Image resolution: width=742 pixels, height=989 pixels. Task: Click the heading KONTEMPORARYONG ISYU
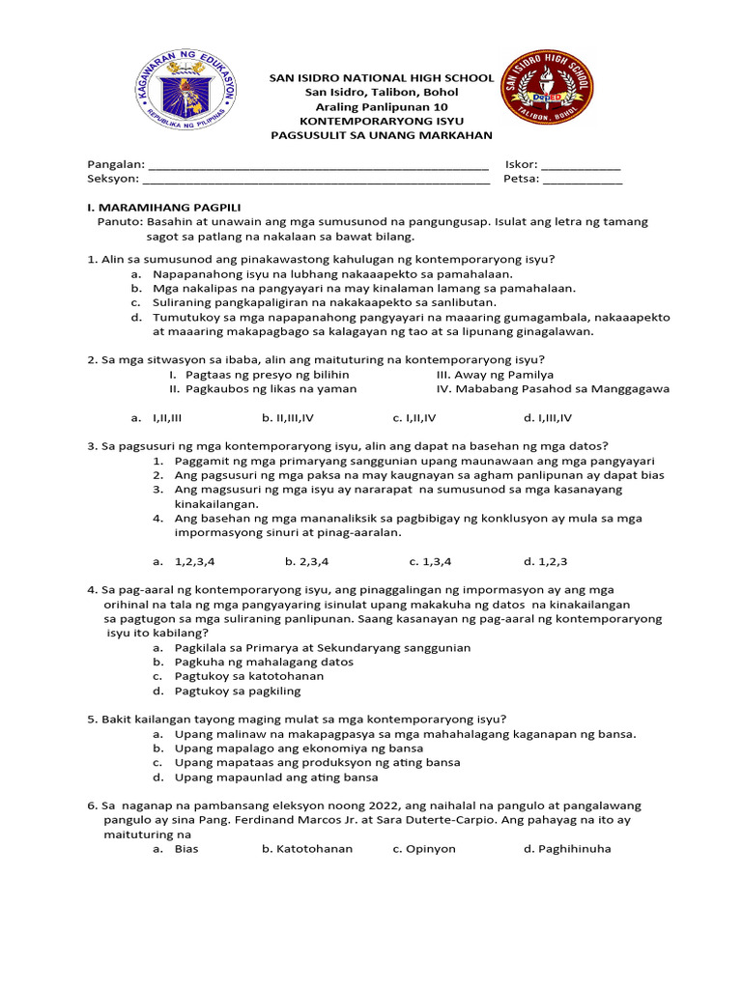pos(382,121)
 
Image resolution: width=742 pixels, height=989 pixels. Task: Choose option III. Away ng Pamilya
pos(495,374)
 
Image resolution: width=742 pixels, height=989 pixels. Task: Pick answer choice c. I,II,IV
pos(414,418)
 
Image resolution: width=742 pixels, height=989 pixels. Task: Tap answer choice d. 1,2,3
pos(546,560)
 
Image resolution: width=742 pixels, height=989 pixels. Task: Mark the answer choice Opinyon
pos(424,849)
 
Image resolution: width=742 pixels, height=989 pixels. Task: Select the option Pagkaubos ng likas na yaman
pos(262,388)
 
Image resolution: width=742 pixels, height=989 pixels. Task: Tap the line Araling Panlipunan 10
pos(382,106)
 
